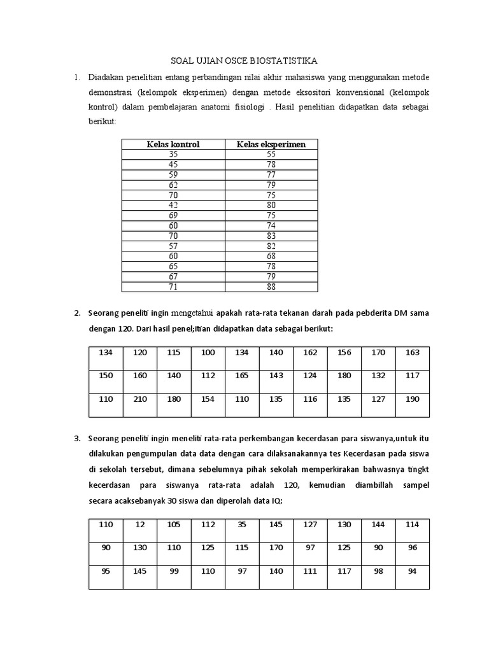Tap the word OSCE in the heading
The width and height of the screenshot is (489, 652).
[232, 60]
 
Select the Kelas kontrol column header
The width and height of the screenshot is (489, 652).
[173, 145]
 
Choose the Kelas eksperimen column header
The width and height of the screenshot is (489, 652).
[271, 145]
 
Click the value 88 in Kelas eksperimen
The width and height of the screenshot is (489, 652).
[271, 287]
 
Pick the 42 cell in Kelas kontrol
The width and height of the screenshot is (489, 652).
[173, 205]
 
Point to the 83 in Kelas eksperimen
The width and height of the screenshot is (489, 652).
[271, 236]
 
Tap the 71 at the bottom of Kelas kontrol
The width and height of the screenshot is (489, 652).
[173, 287]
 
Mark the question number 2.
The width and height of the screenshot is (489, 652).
[76, 313]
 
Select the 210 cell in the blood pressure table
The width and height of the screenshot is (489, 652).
[140, 399]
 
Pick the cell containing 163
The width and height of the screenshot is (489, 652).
[413, 351]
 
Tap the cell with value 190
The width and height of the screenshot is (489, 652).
[413, 399]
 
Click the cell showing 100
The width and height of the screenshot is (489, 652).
[208, 351]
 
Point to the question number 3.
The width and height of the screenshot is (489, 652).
[76, 439]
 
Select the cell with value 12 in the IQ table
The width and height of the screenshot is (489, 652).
[140, 525]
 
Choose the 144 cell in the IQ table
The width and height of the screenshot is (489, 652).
[378, 525]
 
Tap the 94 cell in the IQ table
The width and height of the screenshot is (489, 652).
[412, 571]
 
